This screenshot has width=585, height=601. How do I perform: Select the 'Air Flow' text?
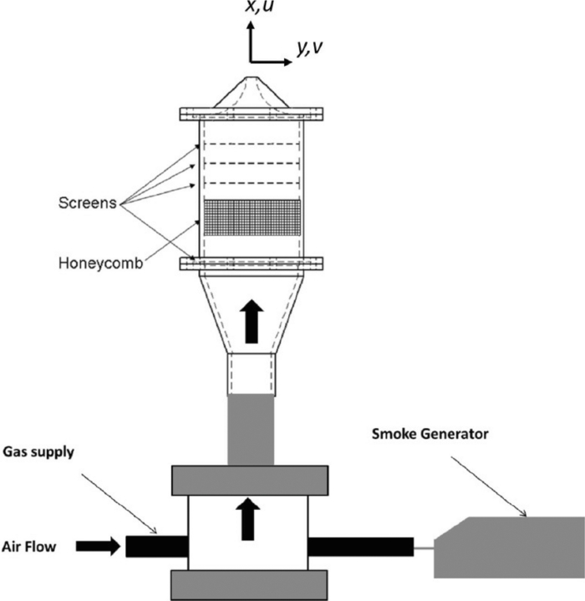(x=31, y=546)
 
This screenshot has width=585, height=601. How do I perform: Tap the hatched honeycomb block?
(x=252, y=216)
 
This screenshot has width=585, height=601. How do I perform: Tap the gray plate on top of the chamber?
(x=248, y=480)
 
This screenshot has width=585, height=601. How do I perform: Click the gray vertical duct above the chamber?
(x=251, y=430)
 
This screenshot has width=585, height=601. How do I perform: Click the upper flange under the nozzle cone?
(x=252, y=112)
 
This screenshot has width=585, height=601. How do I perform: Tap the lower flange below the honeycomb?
(x=252, y=264)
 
